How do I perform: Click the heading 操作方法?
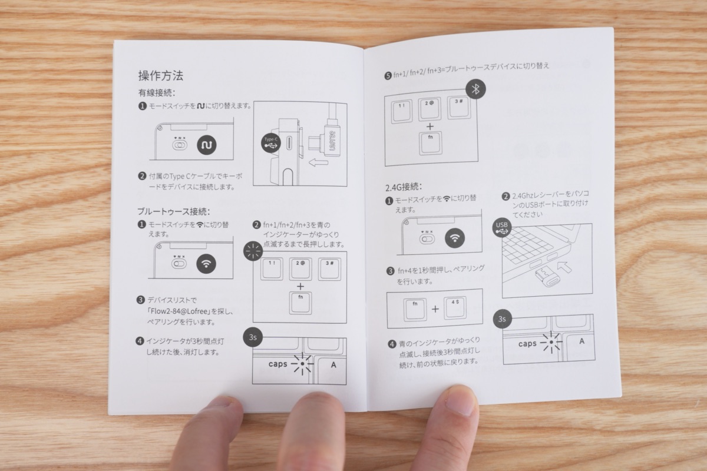pyautogui.click(x=160, y=76)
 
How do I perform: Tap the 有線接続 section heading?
pyautogui.click(x=157, y=93)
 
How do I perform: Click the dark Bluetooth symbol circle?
pyautogui.click(x=477, y=89)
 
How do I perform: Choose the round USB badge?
pyautogui.click(x=502, y=227)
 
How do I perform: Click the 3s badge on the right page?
pyautogui.click(x=503, y=320)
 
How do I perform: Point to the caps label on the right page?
pyautogui.click(x=527, y=344)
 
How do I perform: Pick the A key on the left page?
pyautogui.click(x=333, y=365)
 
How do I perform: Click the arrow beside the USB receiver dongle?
pyautogui.click(x=564, y=268)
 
